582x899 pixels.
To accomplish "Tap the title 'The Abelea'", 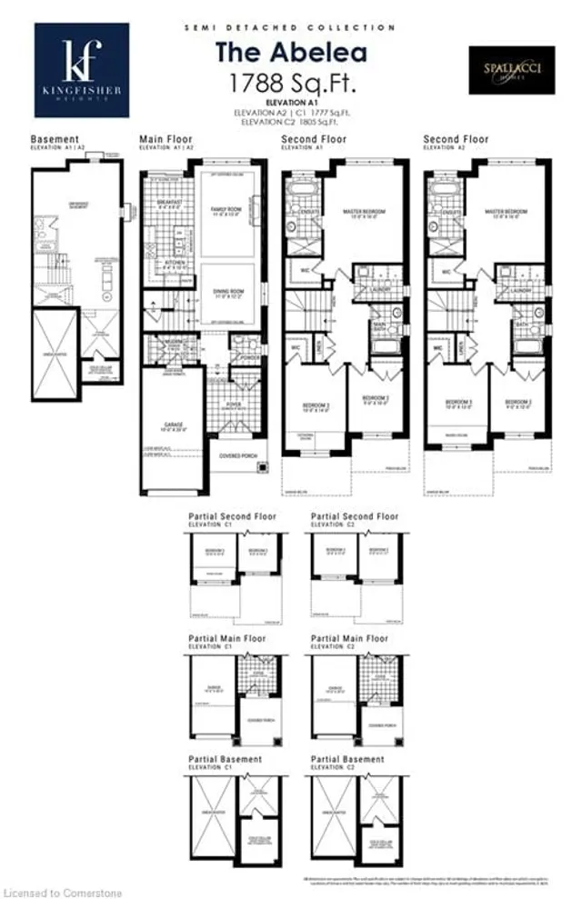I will pyautogui.click(x=291, y=52).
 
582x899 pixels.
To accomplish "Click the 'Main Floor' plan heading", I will pyautogui.click(x=165, y=139).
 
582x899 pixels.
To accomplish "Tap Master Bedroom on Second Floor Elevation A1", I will pyautogui.click(x=364, y=211).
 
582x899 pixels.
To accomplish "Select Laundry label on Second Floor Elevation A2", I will pyautogui.click(x=521, y=290).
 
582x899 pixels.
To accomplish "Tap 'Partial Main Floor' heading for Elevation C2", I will pyautogui.click(x=349, y=639).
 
